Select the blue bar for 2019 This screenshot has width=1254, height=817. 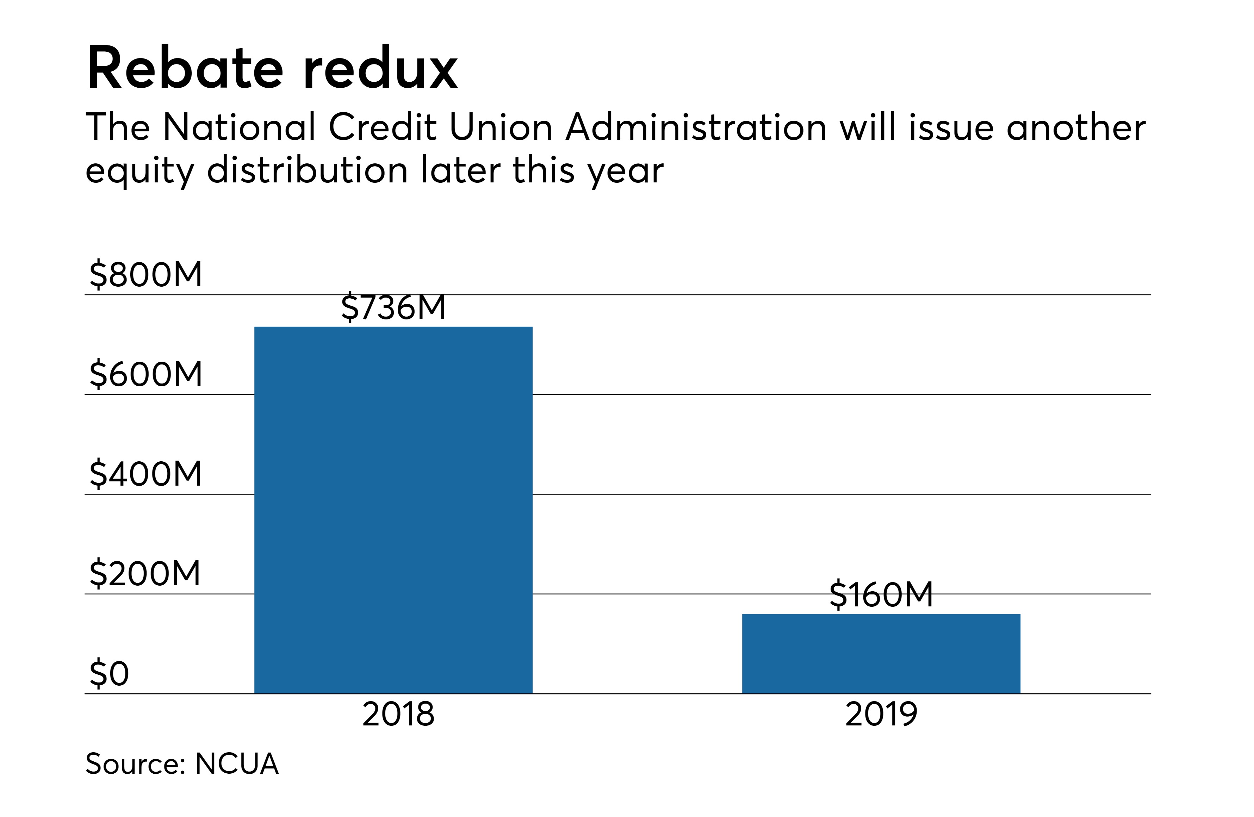pyautogui.click(x=881, y=653)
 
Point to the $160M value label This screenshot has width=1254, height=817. pyautogui.click(x=881, y=595)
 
